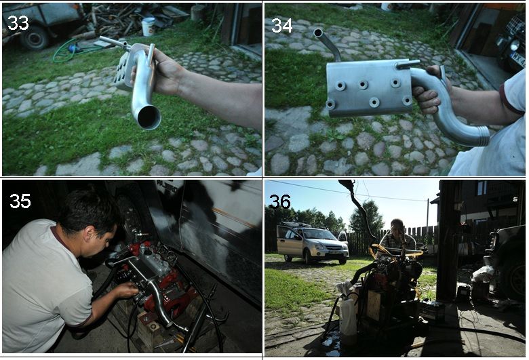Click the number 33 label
[x=18, y=23]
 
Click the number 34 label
[x=282, y=25]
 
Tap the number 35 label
[x=20, y=201]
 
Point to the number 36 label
[x=279, y=202]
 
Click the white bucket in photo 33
[x=149, y=26]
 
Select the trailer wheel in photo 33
[x=35, y=38]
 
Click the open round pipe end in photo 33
[x=149, y=117]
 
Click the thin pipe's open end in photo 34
[x=318, y=33]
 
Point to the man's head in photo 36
[x=397, y=228]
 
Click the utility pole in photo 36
[x=427, y=217]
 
